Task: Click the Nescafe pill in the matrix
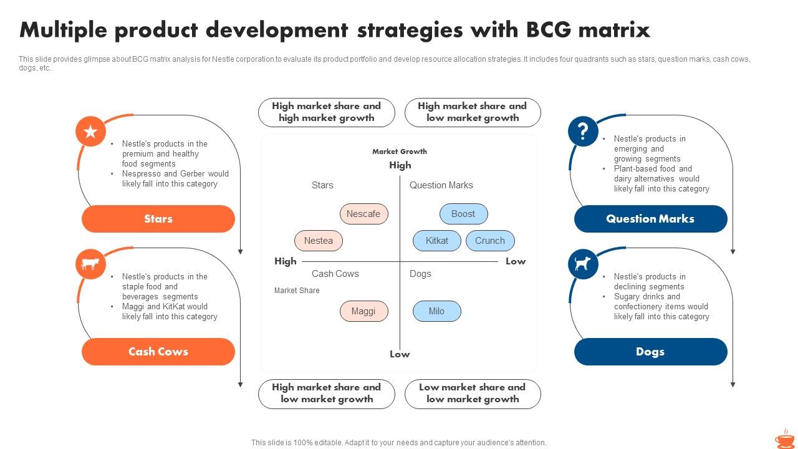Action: click(363, 214)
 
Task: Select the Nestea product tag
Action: click(318, 241)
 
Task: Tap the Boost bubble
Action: click(463, 214)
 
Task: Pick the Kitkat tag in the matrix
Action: click(436, 241)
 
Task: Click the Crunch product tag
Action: click(490, 241)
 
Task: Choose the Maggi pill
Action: click(363, 311)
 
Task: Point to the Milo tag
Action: click(436, 311)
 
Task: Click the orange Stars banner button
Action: click(158, 219)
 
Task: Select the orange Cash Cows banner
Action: click(158, 352)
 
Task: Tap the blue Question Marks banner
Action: click(650, 219)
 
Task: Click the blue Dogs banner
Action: click(650, 352)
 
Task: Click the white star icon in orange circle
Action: click(90, 132)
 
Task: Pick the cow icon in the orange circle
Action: click(90, 264)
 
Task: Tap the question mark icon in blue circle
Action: click(583, 132)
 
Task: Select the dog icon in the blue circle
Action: click(583, 264)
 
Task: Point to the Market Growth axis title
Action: click(400, 152)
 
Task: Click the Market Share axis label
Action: click(297, 291)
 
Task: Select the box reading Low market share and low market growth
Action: click(473, 393)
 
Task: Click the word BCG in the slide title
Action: click(552, 30)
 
